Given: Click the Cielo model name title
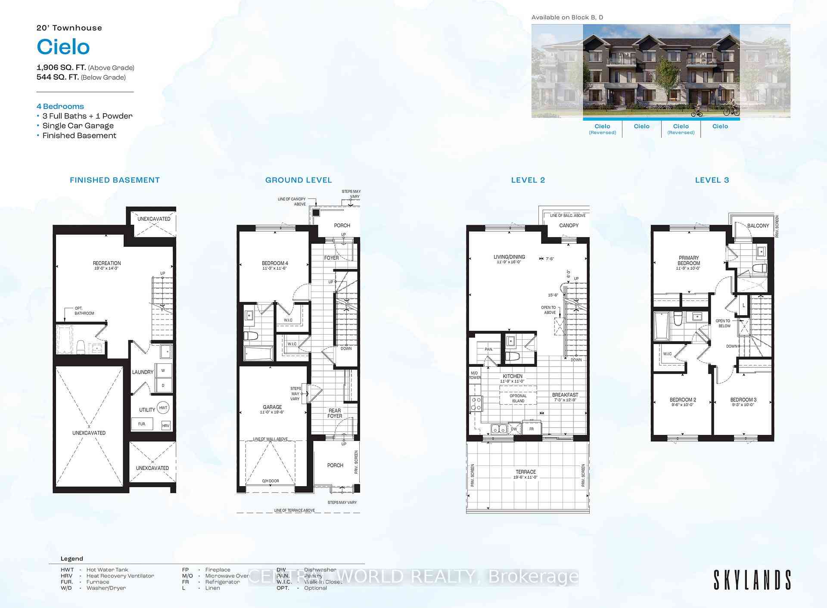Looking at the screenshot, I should point(63,47).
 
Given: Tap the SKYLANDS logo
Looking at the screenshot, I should point(752,580).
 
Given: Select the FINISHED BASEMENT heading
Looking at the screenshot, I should point(115,180).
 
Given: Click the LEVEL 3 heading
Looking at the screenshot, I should point(712,180).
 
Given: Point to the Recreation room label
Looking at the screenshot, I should point(107,263).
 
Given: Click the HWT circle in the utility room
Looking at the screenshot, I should point(163,407).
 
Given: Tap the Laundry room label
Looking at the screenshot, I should point(143,372).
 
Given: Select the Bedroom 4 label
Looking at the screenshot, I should point(275,263).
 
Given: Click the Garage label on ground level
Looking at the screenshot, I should point(272,407).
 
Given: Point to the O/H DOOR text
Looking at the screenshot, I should point(270,481).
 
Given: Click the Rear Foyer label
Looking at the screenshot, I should point(335,413).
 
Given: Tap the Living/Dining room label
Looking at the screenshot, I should point(509,257).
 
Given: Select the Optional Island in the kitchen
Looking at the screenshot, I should point(518,398).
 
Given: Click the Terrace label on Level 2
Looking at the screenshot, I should point(526,472).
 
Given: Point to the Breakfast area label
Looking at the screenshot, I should point(565,395).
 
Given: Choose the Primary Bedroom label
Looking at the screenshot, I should point(688,261).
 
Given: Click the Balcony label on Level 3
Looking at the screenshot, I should point(758,226).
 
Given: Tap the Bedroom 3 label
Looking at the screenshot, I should point(743,400).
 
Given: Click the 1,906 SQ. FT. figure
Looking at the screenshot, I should point(61,68).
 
